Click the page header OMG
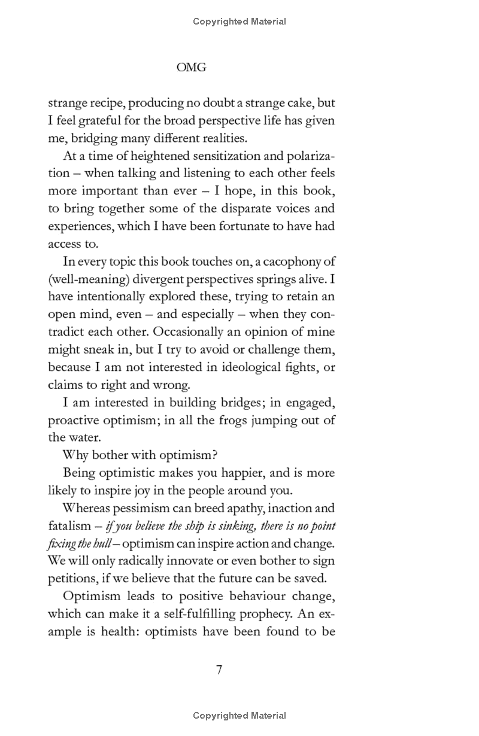192,68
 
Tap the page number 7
219,670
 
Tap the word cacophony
284,261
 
